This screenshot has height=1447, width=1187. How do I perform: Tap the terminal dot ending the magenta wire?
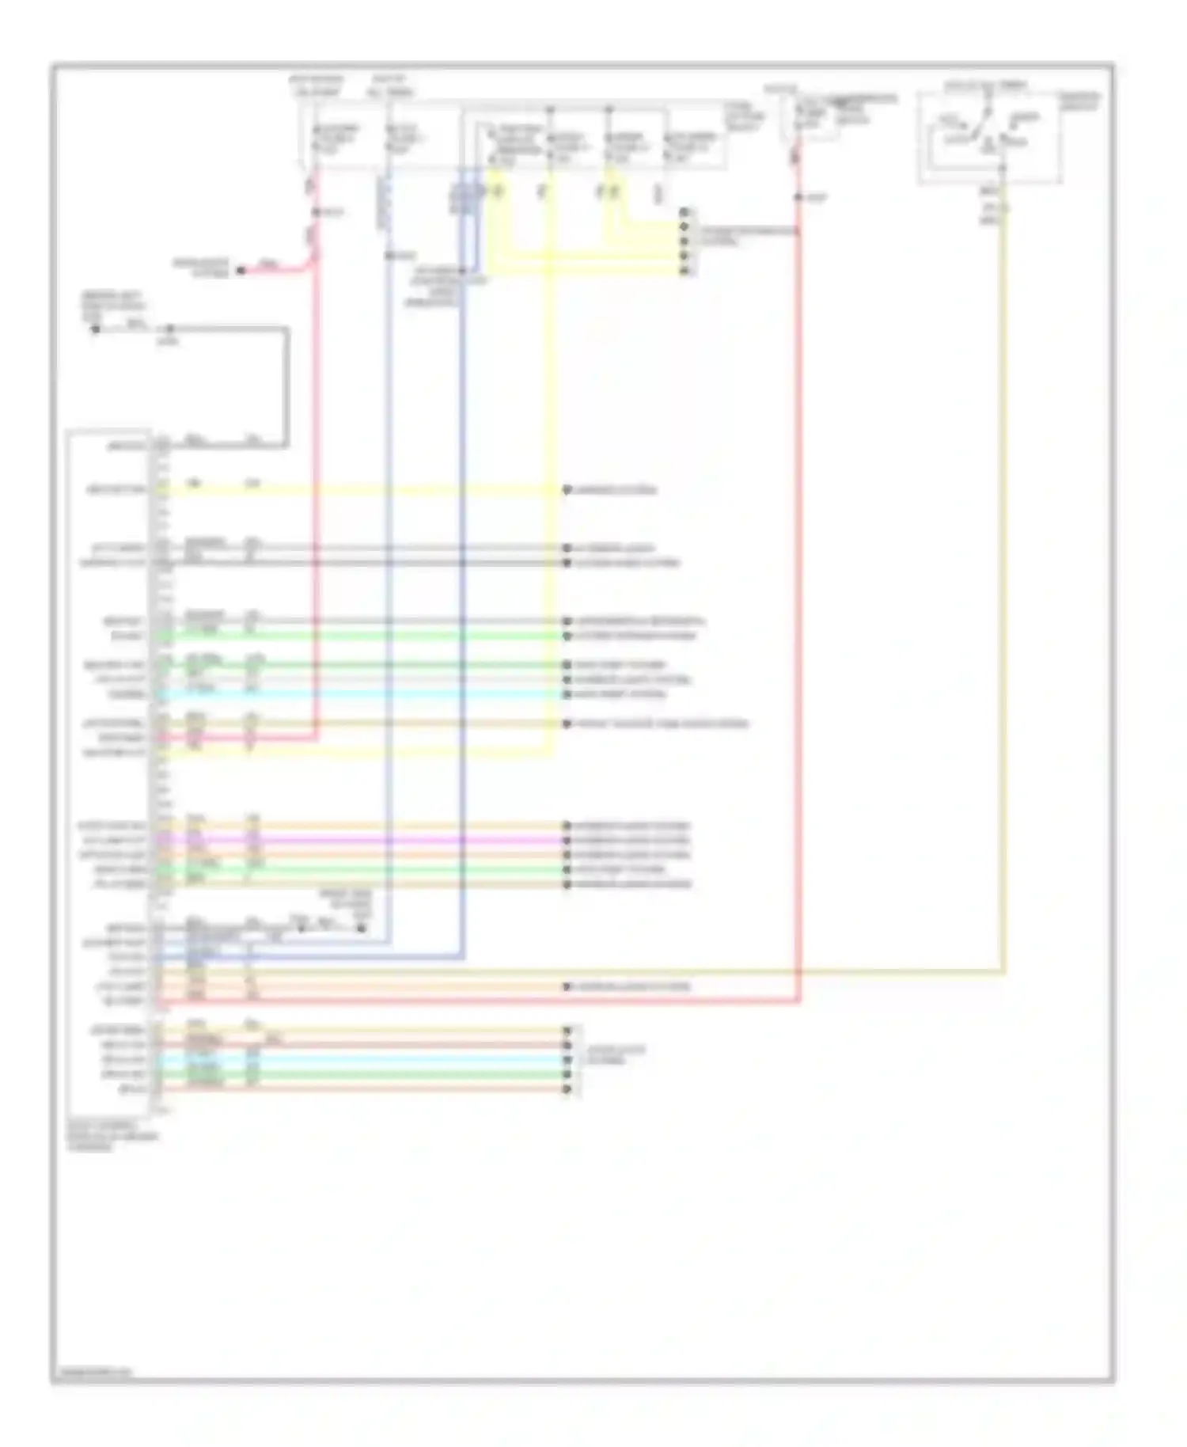pyautogui.click(x=567, y=840)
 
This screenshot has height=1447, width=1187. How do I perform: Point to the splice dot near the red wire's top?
pyautogui.click(x=798, y=197)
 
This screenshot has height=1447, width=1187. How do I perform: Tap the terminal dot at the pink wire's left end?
pyautogui.click(x=241, y=271)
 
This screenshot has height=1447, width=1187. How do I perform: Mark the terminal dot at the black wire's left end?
pyautogui.click(x=95, y=329)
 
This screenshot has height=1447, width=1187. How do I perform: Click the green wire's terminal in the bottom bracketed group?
pyautogui.click(x=567, y=1074)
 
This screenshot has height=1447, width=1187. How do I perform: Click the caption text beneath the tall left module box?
pyautogui.click(x=111, y=1135)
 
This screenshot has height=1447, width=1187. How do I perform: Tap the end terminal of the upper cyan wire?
pyautogui.click(x=567, y=694)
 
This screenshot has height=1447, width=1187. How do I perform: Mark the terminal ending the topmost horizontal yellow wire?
pyautogui.click(x=567, y=490)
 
